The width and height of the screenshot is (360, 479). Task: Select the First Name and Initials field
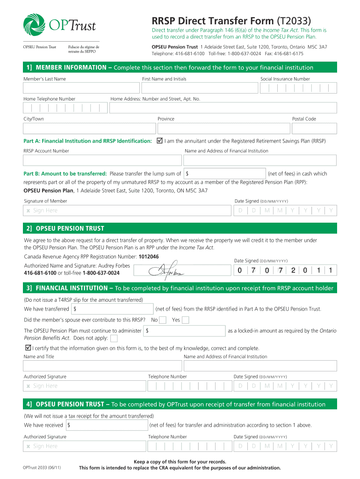click(x=199, y=88)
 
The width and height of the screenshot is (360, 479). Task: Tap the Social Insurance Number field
click(x=298, y=88)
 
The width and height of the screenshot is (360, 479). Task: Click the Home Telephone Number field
click(x=65, y=108)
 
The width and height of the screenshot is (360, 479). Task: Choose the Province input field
click(x=223, y=128)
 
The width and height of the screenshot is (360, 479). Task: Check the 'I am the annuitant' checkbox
click(x=159, y=140)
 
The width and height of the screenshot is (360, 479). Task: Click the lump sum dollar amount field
click(x=225, y=174)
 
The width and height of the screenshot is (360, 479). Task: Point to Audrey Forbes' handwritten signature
click(x=166, y=270)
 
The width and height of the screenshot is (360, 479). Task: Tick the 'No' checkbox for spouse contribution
click(x=163, y=320)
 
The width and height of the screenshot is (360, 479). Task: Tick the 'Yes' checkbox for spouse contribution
click(x=185, y=320)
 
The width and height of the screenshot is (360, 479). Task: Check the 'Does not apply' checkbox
click(x=114, y=338)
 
